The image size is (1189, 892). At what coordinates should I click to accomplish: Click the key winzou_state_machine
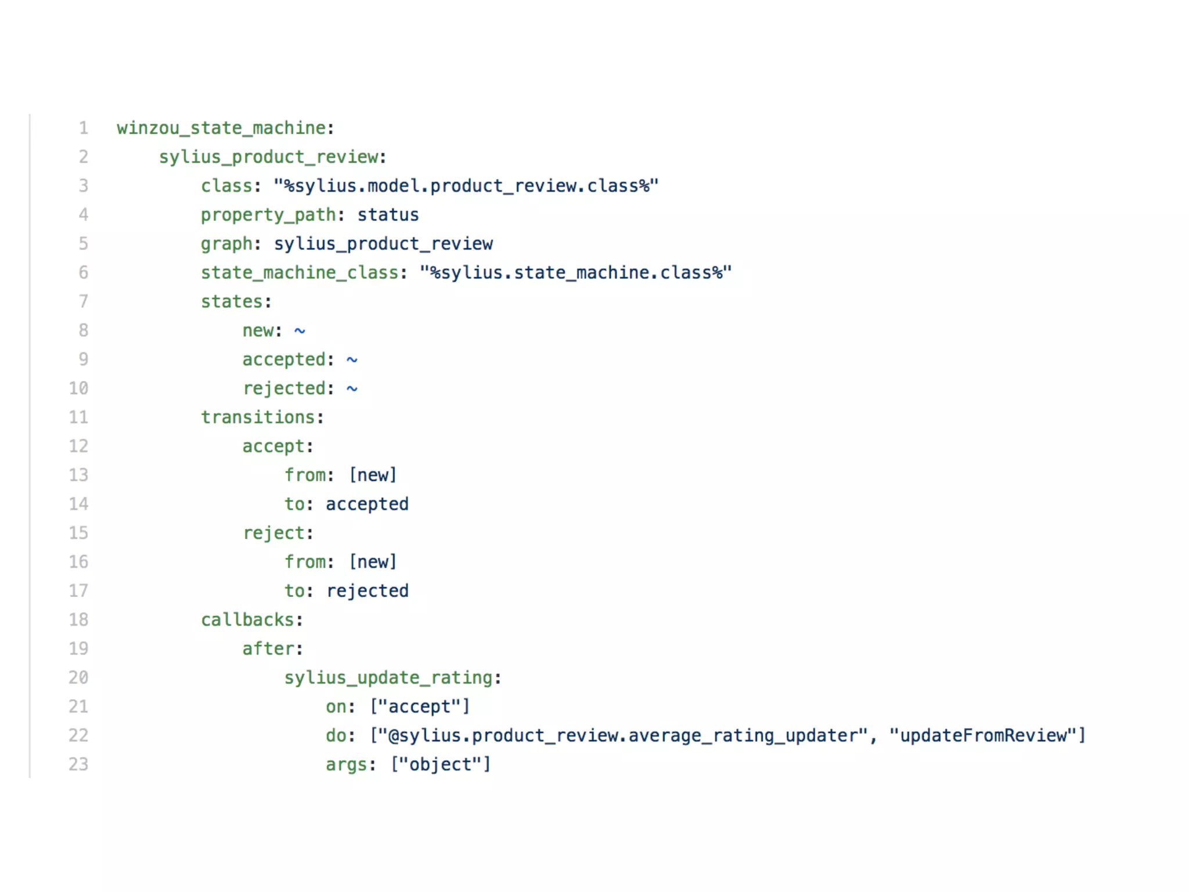click(x=221, y=128)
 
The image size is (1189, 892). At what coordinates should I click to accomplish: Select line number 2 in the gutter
click(x=84, y=157)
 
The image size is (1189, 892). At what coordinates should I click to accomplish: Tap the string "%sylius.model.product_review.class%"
click(x=466, y=186)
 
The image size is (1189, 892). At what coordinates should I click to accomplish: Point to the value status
click(x=388, y=215)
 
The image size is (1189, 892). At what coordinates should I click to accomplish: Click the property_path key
click(x=268, y=215)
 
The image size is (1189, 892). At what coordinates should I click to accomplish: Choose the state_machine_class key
click(x=300, y=272)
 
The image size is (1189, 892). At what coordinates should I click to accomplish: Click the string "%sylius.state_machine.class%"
click(x=575, y=272)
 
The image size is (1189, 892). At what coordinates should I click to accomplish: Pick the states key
click(x=232, y=301)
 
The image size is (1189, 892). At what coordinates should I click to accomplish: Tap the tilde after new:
click(x=300, y=331)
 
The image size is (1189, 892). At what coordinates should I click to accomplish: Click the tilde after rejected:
click(x=352, y=389)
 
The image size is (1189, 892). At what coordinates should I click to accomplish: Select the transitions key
click(x=258, y=417)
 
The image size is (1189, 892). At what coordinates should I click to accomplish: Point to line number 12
click(x=78, y=446)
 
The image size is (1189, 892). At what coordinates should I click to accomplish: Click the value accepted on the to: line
click(x=367, y=504)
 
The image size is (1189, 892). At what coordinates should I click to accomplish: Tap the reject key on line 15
click(x=273, y=533)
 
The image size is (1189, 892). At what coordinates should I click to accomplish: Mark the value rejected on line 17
click(x=367, y=591)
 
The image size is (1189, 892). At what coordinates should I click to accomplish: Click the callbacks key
click(x=247, y=620)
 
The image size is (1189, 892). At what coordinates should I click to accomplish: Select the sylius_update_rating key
click(x=388, y=678)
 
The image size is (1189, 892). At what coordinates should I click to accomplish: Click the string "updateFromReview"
click(x=983, y=735)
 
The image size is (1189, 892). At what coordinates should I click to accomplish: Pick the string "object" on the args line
click(x=440, y=764)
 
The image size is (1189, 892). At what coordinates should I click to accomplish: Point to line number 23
click(x=78, y=764)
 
